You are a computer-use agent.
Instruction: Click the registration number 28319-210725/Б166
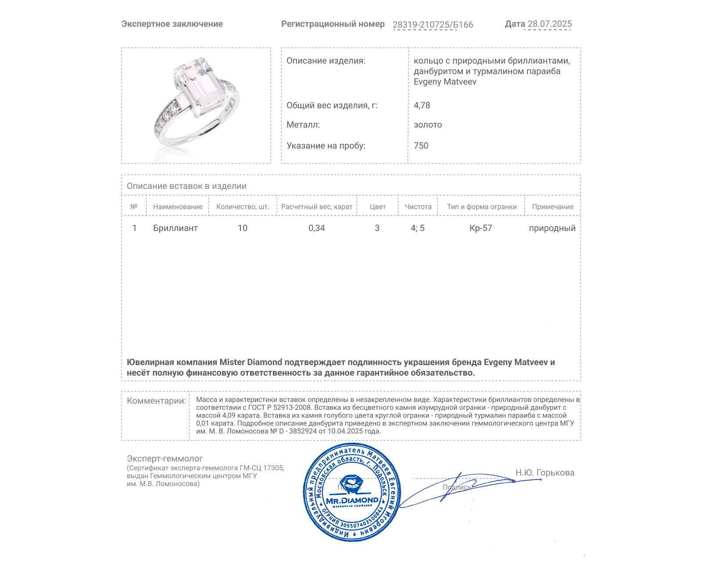[433, 25]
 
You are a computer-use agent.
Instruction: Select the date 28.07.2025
[549, 24]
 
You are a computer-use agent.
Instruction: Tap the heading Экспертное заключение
[172, 24]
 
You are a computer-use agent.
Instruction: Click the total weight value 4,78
[422, 105]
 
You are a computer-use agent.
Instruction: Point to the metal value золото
[428, 124]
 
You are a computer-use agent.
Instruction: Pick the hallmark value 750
[421, 146]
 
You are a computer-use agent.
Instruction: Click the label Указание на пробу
[326, 146]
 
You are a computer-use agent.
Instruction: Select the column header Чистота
[418, 207]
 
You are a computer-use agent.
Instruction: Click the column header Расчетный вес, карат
[317, 207]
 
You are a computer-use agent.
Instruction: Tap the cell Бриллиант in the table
[175, 228]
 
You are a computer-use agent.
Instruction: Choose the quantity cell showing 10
[243, 228]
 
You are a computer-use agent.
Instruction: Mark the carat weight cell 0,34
[317, 228]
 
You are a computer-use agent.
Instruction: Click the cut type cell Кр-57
[481, 228]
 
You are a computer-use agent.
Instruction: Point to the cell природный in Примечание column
[552, 228]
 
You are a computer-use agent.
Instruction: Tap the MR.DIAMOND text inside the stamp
[352, 500]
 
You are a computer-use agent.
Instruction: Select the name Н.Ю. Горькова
[544, 472]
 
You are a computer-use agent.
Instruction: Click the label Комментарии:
[156, 401]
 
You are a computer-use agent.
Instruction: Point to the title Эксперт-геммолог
[165, 458]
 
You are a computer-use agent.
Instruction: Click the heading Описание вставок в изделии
[186, 186]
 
